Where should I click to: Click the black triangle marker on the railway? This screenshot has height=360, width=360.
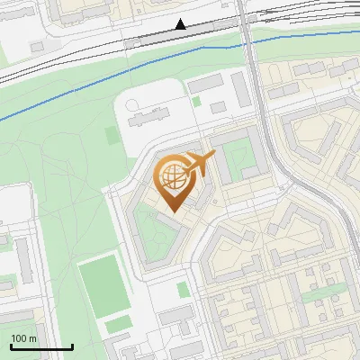(x=181, y=24)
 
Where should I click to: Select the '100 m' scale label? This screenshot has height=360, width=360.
(x=24, y=338)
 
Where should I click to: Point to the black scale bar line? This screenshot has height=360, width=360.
(x=41, y=346)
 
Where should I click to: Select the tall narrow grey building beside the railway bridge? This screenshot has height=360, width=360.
(x=239, y=87)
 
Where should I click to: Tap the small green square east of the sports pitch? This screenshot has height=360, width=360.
(x=183, y=290)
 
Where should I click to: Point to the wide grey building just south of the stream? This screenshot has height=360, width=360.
(x=204, y=83)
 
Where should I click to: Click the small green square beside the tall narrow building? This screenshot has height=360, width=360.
(x=197, y=101)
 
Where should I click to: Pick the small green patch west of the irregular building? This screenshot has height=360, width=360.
(x=112, y=136)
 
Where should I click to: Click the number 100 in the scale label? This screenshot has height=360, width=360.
(x=19, y=338)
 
